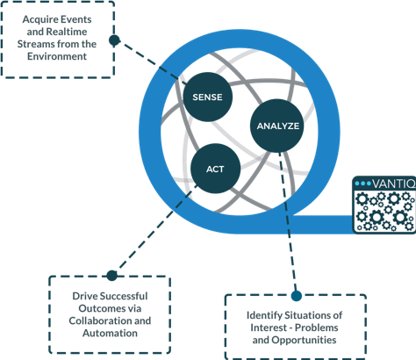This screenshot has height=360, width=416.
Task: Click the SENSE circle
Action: [208, 97]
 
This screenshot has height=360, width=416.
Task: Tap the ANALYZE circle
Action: [277, 126]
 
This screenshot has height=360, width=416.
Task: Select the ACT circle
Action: [216, 169]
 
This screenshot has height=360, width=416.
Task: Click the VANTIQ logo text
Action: [394, 184]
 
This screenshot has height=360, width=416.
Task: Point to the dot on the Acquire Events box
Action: [114, 40]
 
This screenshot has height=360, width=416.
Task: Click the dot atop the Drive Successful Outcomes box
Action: [111, 276]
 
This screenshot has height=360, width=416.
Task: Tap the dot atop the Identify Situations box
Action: [297, 296]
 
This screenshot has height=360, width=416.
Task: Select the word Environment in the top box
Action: [57, 56]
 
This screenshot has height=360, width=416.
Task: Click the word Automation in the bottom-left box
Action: [110, 333]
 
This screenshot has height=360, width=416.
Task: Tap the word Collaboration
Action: [100, 320]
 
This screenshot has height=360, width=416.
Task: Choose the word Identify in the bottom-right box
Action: [264, 316]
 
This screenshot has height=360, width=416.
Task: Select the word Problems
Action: [316, 328]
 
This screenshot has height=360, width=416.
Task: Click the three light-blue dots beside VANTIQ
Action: [362, 184]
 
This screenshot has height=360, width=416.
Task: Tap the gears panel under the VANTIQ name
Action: [385, 211]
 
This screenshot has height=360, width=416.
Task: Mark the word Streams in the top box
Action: [36, 44]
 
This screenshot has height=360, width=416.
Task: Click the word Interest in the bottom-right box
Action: [269, 328]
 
